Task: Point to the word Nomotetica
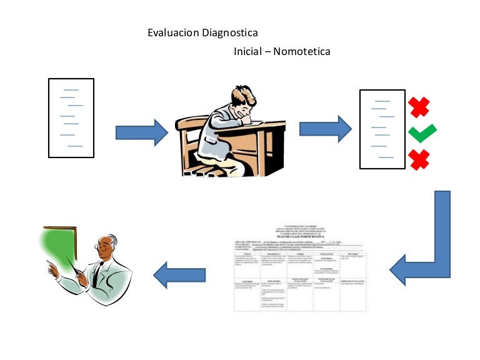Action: click(302, 51)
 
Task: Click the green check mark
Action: click(422, 132)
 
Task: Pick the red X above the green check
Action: click(419, 107)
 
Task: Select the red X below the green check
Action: click(419, 159)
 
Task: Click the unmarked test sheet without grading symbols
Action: click(71, 118)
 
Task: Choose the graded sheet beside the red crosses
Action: click(382, 129)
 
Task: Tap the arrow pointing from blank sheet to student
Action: click(142, 132)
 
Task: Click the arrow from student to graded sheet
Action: click(326, 129)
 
